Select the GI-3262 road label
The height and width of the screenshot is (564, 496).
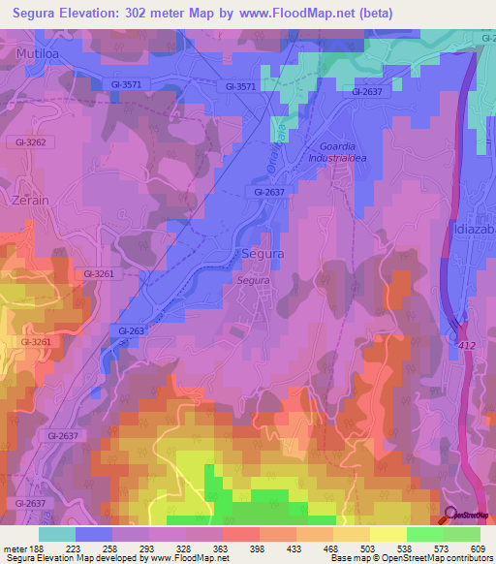[x=30, y=141]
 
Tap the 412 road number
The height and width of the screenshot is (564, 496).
[x=469, y=343]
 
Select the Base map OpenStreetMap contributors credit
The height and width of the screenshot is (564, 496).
[x=411, y=558]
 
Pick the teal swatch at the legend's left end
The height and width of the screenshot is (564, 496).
[x=57, y=534]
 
